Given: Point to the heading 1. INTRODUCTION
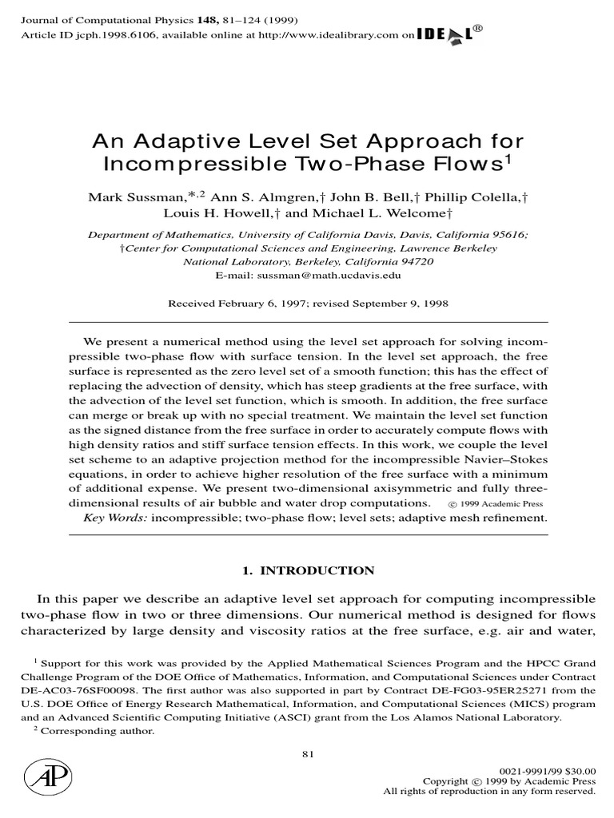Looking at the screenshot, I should pyautogui.click(x=307, y=570).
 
